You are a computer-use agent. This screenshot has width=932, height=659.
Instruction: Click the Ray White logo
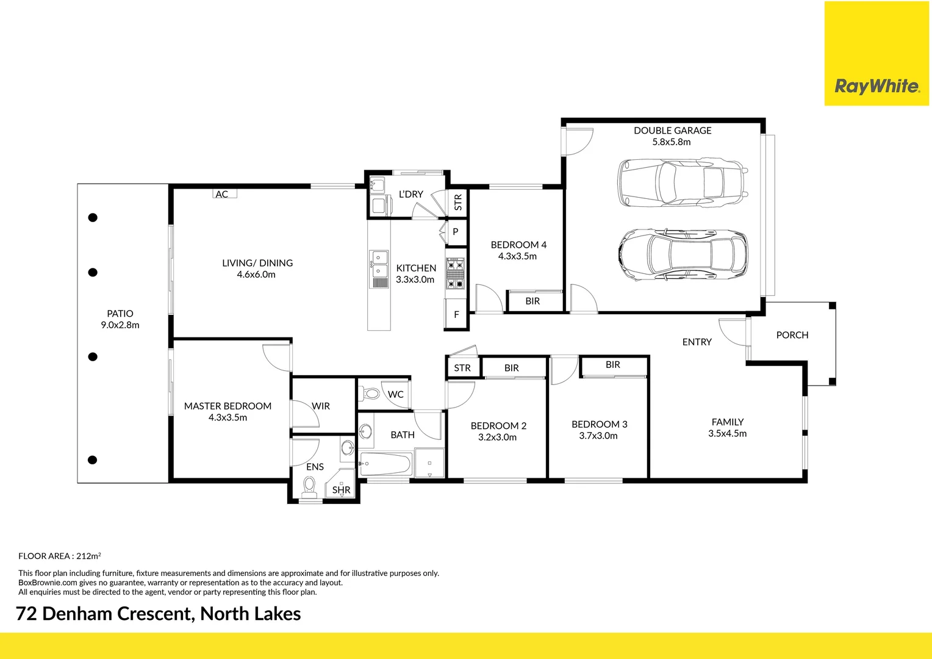(876, 86)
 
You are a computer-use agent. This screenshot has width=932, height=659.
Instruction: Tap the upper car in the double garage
(682, 183)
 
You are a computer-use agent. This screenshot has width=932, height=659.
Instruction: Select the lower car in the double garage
(683, 255)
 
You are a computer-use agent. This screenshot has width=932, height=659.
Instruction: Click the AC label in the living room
(222, 194)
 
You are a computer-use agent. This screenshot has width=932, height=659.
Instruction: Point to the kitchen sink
(379, 264)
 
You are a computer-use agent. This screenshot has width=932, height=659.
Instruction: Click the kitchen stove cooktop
(455, 274)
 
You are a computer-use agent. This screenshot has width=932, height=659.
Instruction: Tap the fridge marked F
(456, 315)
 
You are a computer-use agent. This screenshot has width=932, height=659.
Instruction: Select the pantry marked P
(455, 232)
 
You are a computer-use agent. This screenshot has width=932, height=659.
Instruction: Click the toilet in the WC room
(371, 394)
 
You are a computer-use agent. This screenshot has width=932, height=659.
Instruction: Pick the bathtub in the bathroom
(385, 464)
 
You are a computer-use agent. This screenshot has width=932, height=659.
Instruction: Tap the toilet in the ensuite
(309, 486)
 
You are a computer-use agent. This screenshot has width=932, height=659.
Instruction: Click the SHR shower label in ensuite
(342, 489)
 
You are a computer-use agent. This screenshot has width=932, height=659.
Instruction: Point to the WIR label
(321, 406)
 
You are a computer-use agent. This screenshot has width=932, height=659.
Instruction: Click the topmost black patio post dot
(93, 217)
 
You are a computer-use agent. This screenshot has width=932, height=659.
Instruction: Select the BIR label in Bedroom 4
(532, 301)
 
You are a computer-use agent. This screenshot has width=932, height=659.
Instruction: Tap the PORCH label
(792, 335)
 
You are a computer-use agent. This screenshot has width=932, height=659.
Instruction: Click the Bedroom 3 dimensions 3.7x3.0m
(598, 436)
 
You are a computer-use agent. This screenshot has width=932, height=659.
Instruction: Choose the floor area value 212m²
(88, 556)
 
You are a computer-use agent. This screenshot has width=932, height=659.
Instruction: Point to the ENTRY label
(697, 342)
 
